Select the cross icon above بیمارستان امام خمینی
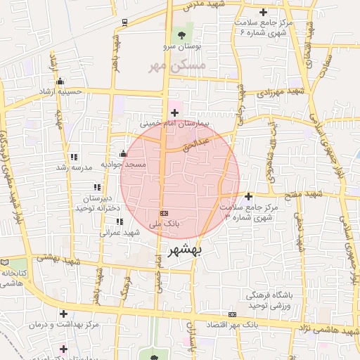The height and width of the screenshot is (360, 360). (x=174, y=112)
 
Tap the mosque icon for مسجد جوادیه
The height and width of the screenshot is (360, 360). (x=124, y=154)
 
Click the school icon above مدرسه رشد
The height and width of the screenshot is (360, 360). (x=74, y=157)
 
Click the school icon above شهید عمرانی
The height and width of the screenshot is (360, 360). (x=120, y=221)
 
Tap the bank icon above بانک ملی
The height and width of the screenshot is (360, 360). (x=164, y=212)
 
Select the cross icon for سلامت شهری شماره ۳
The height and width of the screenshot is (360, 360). (x=249, y=196)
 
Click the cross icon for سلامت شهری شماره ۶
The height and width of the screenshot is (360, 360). (x=264, y=12)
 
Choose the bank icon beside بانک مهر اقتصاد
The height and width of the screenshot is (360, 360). (x=233, y=314)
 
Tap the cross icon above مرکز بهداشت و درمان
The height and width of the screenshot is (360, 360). (x=64, y=314)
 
